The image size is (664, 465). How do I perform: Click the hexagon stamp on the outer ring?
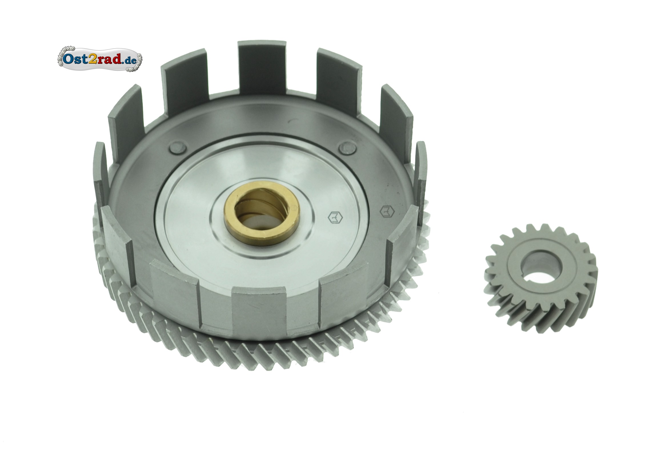pyautogui.click(x=387, y=212)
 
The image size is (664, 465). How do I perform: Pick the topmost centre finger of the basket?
pyautogui.click(x=262, y=69)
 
